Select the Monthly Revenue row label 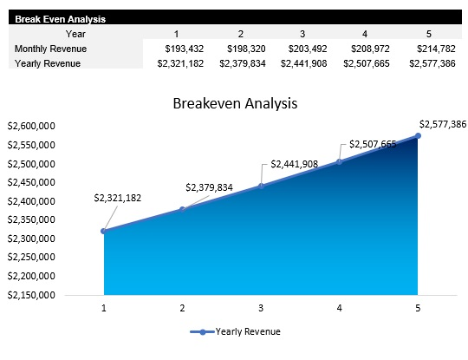[x=49, y=49]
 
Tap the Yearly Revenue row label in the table [x=47, y=63]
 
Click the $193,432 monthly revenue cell [x=184, y=49]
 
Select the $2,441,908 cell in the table [x=305, y=63]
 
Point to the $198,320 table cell [x=244, y=49]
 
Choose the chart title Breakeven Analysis [x=235, y=103]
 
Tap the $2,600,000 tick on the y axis [x=31, y=126]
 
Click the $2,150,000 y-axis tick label [x=31, y=295]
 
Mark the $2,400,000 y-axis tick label [x=31, y=201]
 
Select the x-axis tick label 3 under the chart [x=261, y=307]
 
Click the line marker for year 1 [x=104, y=231]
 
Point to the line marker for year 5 [x=418, y=135]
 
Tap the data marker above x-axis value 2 [x=182, y=209]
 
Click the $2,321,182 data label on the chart [x=117, y=199]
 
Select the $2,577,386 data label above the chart [x=442, y=124]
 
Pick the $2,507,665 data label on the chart [x=373, y=144]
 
